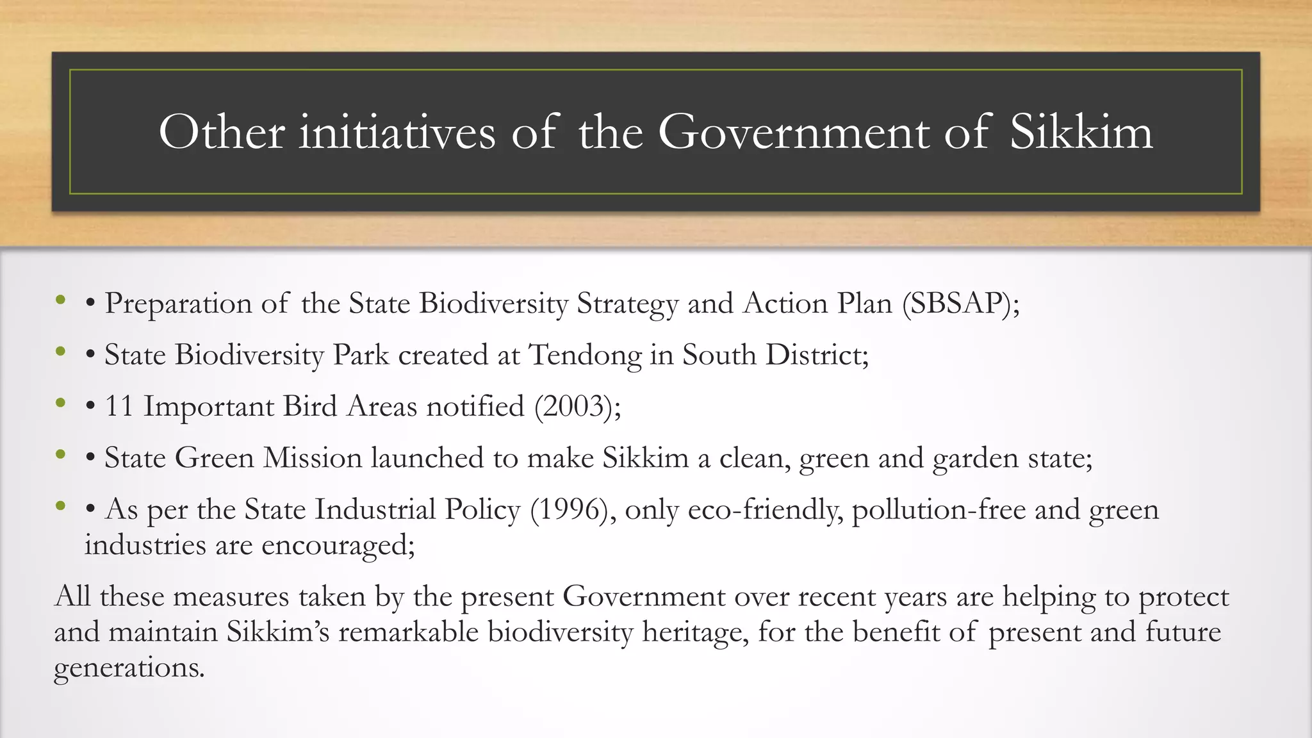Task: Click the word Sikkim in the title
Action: point(1081,132)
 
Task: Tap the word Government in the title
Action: point(794,132)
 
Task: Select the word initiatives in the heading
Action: point(397,132)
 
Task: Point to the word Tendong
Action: point(585,355)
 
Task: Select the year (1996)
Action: point(569,510)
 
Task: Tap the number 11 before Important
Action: point(119,406)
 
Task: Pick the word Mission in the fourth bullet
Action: point(313,458)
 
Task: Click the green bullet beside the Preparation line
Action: point(61,299)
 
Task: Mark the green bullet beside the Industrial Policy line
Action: point(61,506)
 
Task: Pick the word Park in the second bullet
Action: point(361,355)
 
